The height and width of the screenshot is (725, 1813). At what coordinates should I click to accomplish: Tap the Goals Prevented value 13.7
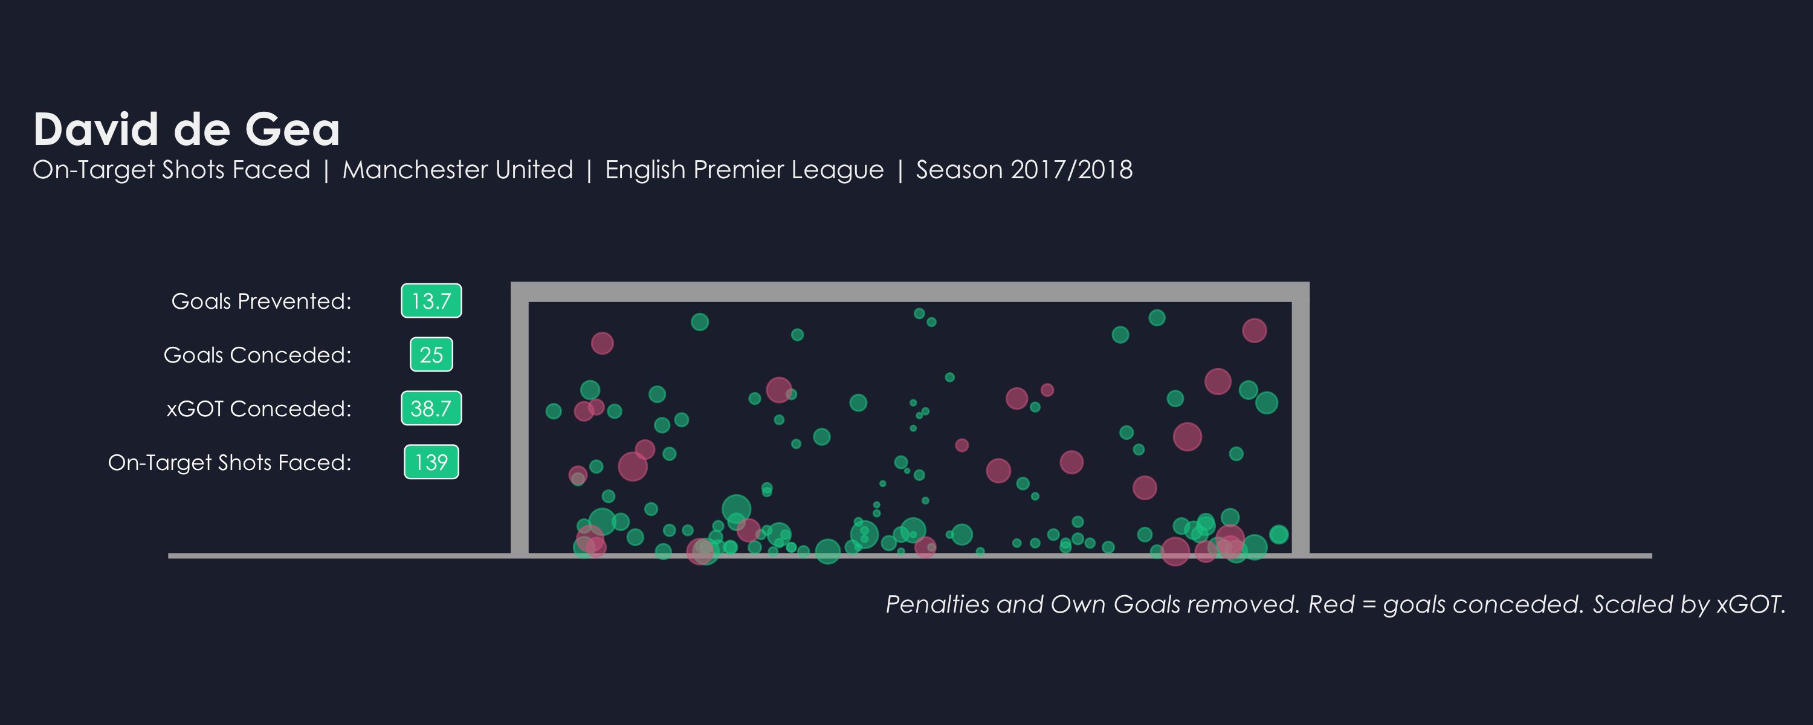click(431, 301)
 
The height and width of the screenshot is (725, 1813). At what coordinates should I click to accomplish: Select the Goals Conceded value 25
click(431, 355)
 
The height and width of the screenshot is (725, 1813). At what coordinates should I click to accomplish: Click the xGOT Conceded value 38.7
click(431, 408)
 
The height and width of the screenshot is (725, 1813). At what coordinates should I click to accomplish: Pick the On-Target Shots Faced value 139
click(431, 462)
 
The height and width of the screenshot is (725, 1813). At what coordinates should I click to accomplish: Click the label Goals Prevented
click(261, 301)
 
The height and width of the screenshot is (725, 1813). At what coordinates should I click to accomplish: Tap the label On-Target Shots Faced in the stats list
click(230, 462)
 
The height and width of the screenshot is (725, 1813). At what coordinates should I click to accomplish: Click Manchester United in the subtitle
click(457, 170)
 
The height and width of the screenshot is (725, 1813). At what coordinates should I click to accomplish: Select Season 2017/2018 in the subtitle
click(1024, 170)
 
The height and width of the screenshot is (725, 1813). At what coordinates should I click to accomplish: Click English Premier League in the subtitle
click(744, 170)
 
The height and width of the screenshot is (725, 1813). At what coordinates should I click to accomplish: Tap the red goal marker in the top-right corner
click(1254, 330)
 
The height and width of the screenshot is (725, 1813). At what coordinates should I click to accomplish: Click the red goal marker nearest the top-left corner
click(602, 344)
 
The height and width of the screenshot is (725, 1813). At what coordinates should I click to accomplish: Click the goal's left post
click(519, 422)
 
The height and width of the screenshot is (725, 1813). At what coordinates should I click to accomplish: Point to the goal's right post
click(1301, 422)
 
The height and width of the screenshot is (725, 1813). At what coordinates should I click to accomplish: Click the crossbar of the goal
click(910, 291)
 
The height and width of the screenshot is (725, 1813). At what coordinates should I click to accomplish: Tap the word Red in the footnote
click(1331, 605)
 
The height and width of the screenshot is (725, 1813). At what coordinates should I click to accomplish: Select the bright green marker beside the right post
click(1279, 534)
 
